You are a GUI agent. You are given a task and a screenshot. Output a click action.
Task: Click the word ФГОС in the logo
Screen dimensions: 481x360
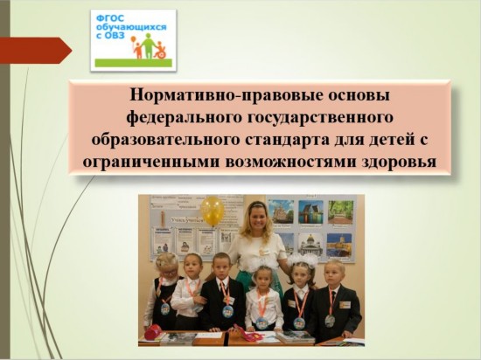(x=106, y=19)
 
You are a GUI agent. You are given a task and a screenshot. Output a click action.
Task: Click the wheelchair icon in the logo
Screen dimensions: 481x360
(x=159, y=52)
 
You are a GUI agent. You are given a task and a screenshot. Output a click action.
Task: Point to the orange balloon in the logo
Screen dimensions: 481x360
(x=134, y=39)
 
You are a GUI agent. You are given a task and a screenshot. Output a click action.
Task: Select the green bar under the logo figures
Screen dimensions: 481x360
(x=134, y=63)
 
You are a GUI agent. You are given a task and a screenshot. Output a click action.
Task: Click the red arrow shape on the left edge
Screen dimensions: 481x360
(x=36, y=51)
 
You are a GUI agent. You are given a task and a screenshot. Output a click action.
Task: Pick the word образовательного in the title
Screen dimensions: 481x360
(x=165, y=140)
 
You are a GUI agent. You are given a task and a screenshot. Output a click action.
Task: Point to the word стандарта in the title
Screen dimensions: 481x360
(x=288, y=140)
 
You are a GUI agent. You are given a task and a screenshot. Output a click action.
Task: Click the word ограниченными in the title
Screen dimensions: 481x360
(x=151, y=163)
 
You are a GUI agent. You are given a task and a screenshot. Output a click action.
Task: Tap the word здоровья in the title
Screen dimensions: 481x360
(x=400, y=163)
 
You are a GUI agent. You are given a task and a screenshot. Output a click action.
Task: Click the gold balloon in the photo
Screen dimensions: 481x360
(x=212, y=211)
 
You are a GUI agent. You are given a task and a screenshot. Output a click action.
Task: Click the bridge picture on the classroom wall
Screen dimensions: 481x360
(x=311, y=211)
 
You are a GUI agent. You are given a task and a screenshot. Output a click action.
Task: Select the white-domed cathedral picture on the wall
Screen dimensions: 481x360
(x=310, y=244)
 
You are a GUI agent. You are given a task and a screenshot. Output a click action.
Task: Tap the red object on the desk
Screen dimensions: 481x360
(x=153, y=332)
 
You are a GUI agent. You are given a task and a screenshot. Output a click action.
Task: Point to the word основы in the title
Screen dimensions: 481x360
(x=359, y=95)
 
